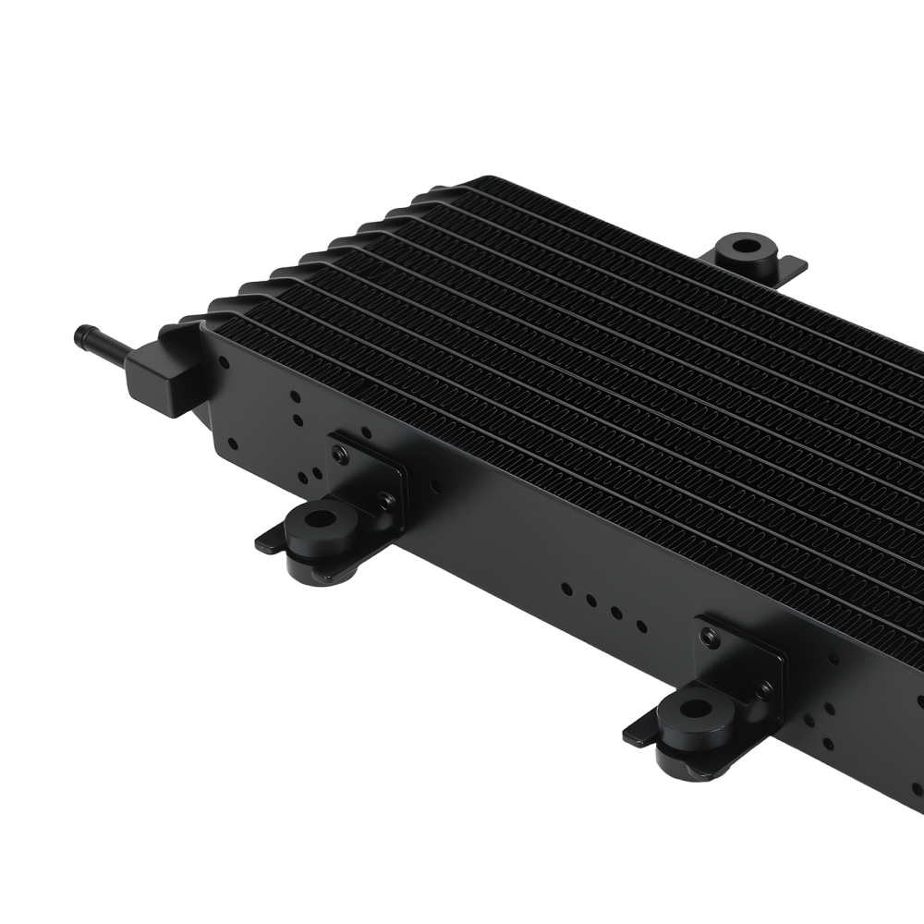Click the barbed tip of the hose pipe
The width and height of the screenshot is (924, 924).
tap(84, 333)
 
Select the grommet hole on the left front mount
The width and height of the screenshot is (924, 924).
tap(321, 517)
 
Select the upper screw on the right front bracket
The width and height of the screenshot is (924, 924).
tap(709, 637)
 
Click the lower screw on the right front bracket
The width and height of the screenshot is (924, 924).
tap(765, 688)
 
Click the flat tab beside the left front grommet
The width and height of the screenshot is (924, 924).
tap(269, 541)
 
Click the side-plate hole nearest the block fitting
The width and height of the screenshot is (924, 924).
tap(224, 363)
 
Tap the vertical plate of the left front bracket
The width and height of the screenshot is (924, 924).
tap(370, 476)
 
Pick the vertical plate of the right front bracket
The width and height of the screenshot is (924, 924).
tap(739, 661)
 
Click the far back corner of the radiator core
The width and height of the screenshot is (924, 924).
tap(488, 179)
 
